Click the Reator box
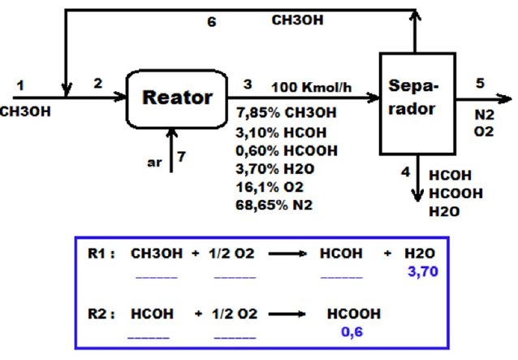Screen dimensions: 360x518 [177, 98]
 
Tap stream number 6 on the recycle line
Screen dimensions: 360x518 [212, 22]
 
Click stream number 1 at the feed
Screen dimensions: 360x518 [20, 84]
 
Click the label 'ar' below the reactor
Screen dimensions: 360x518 [153, 162]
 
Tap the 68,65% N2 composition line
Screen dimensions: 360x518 [274, 204]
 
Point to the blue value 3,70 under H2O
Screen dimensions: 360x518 [422, 271]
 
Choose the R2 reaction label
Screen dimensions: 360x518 [101, 313]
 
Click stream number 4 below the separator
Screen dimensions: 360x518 [404, 171]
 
